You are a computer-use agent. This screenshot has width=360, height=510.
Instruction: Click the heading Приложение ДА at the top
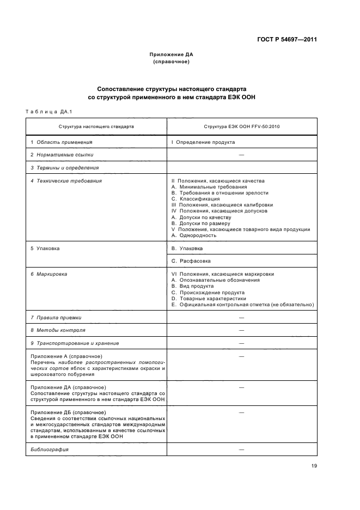pos(171,54)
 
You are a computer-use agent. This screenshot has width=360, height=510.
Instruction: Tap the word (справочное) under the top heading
pos(171,62)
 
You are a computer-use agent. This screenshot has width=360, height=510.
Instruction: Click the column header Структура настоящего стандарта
pos(96,126)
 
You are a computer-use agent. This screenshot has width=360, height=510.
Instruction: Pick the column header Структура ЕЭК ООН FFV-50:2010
pos(242,126)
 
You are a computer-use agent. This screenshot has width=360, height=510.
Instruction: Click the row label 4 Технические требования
pos(66,180)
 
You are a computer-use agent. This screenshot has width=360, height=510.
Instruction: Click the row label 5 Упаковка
pos(45,248)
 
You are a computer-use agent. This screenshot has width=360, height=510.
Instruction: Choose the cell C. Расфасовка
pos(191,260)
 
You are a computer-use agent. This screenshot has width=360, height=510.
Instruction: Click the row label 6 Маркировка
pos(49,274)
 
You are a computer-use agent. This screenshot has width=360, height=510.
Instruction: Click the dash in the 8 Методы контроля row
pos(241,330)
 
